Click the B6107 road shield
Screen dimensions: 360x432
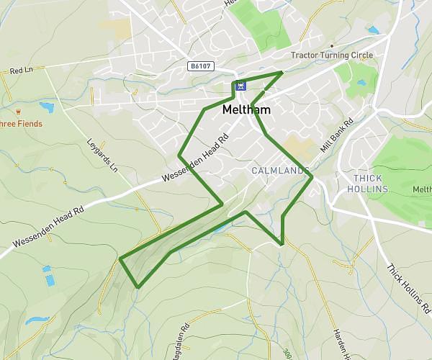(201, 66)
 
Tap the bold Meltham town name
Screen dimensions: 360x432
(246, 110)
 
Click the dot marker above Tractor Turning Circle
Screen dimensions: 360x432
(332, 46)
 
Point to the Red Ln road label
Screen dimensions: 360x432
(22, 71)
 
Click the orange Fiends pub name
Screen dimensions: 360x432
(22, 124)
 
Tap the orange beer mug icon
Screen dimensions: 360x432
(18, 112)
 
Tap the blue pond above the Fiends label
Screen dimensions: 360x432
(46, 107)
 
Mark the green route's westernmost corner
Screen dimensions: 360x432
(120, 258)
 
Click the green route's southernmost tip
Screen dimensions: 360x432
(137, 287)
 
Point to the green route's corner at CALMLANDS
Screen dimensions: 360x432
(312, 177)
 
